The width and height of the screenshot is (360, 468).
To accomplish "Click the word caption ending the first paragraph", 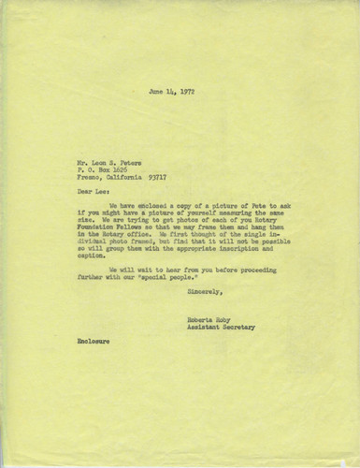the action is [90, 271].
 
